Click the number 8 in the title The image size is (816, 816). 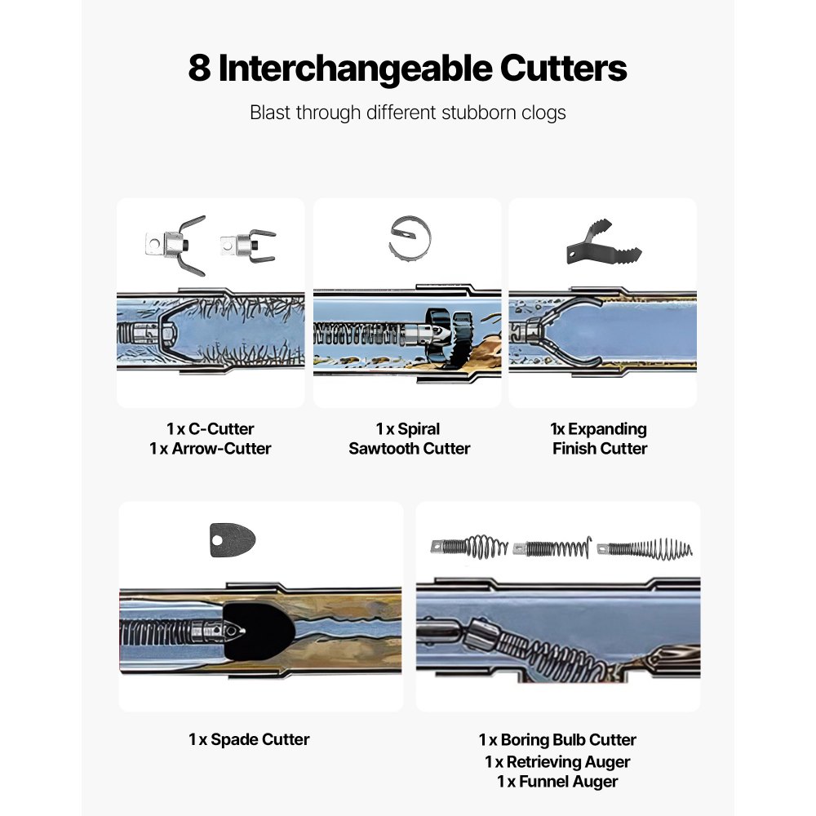(199, 69)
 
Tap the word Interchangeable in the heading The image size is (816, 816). (356, 69)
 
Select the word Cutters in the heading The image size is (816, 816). (564, 69)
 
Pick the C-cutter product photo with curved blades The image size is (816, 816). (176, 245)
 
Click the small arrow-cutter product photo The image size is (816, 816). (248, 245)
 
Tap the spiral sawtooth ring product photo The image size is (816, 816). (410, 238)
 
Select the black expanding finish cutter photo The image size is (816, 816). (604, 242)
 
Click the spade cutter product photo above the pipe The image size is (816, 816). (232, 540)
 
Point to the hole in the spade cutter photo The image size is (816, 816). (217, 541)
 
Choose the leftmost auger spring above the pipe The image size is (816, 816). (469, 548)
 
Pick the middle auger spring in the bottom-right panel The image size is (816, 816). (552, 548)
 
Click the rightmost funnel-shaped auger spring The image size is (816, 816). (645, 549)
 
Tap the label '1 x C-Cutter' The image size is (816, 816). (211, 429)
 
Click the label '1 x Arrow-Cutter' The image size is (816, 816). (211, 449)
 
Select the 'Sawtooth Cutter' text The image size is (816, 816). (410, 449)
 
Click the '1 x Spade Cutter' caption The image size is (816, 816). (249, 739)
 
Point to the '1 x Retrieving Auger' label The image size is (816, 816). (557, 762)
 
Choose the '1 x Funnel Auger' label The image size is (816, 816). (557, 782)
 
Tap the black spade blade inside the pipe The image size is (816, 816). (260, 631)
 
